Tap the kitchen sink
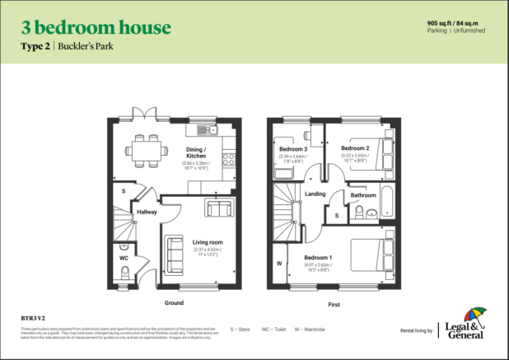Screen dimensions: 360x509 pos(203,129)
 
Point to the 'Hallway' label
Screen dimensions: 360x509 pos(147,212)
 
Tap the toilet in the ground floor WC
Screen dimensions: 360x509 pos(124,246)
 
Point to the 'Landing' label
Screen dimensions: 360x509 pos(315,194)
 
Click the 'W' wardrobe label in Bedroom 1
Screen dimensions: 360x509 pos(280,264)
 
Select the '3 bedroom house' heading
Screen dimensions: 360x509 pos(96,28)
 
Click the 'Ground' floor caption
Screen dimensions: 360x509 pos(174,303)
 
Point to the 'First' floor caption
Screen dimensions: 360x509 pos(334,303)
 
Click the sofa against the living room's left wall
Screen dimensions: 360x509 pos(175,249)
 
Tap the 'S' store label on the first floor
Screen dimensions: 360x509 pos(336,214)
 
